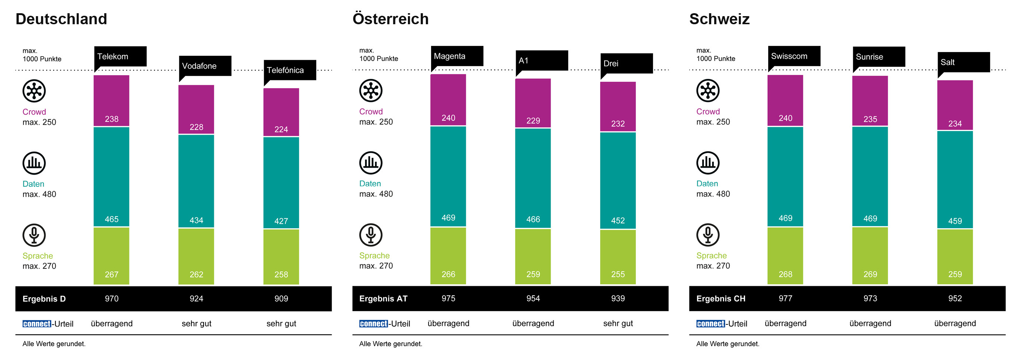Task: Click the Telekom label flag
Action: (x=120, y=57)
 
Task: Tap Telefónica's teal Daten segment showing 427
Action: (x=281, y=183)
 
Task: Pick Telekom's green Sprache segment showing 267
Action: (x=111, y=256)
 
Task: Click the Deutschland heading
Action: (x=61, y=19)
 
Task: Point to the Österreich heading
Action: (x=390, y=19)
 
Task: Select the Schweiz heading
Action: (x=719, y=19)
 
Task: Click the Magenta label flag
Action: (x=457, y=57)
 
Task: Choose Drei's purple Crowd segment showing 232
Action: (x=618, y=106)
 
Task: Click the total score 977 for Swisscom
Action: (x=785, y=298)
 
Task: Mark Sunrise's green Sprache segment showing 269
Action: (x=870, y=256)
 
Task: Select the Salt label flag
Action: (x=964, y=63)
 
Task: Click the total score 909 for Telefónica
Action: (x=281, y=298)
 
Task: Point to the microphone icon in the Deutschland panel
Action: (x=34, y=235)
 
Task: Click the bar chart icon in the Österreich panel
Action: (x=371, y=163)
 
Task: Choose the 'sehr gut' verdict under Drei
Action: (x=618, y=323)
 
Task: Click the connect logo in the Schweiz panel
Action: (x=711, y=324)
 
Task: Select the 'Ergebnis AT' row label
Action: (x=383, y=298)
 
